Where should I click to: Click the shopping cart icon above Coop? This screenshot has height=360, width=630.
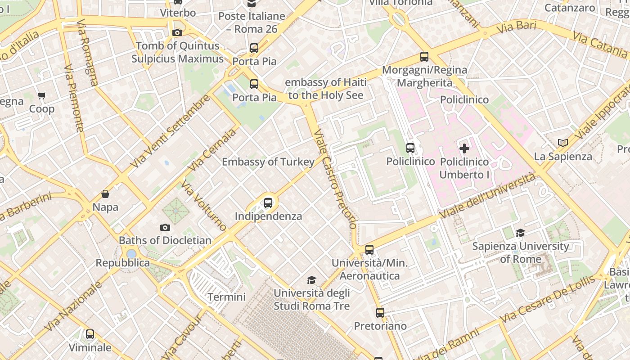tap(42, 95)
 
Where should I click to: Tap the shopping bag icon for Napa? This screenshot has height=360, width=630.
tap(105, 194)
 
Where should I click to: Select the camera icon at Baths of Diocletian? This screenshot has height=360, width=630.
tap(165, 228)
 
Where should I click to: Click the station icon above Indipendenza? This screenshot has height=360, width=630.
tap(268, 202)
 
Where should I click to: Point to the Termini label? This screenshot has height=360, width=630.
tap(226, 297)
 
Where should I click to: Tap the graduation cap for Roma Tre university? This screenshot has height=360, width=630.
tap(311, 280)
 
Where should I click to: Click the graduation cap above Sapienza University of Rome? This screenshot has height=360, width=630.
tap(521, 233)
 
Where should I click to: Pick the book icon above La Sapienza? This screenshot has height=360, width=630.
tap(562, 143)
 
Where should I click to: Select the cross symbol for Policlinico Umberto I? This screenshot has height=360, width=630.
tap(464, 148)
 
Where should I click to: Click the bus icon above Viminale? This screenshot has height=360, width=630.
tap(90, 334)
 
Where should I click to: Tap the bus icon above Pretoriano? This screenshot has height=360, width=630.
tap(380, 312)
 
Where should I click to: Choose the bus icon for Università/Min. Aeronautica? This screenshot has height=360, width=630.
tap(369, 249)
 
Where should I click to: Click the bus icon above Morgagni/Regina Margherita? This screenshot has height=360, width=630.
tap(424, 57)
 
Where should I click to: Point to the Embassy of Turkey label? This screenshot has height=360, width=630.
tap(268, 162)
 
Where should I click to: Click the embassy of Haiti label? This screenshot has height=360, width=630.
tap(326, 89)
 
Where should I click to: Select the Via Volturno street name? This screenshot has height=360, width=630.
tap(204, 206)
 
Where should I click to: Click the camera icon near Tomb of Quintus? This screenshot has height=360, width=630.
tap(177, 32)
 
